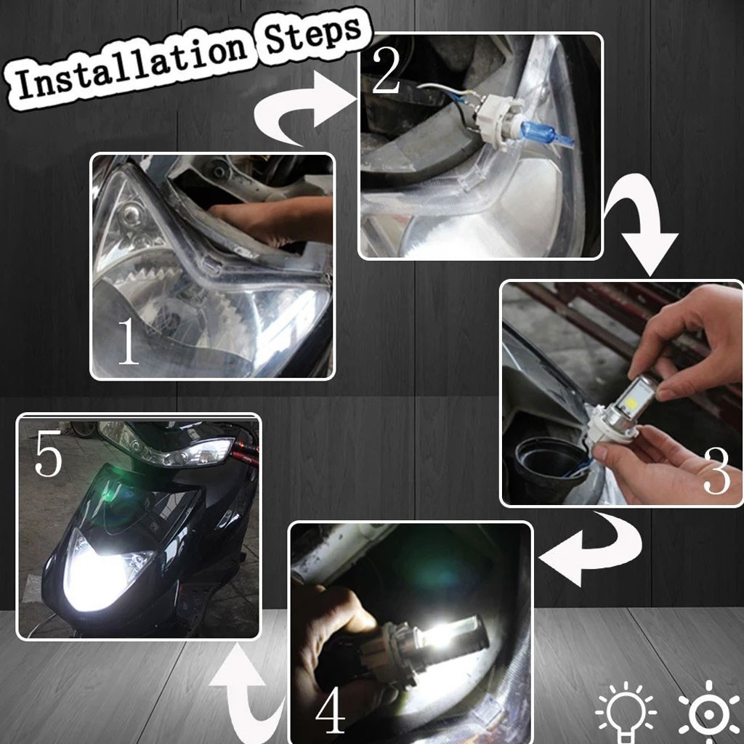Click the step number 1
[x=128, y=341]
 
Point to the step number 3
[x=716, y=470]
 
